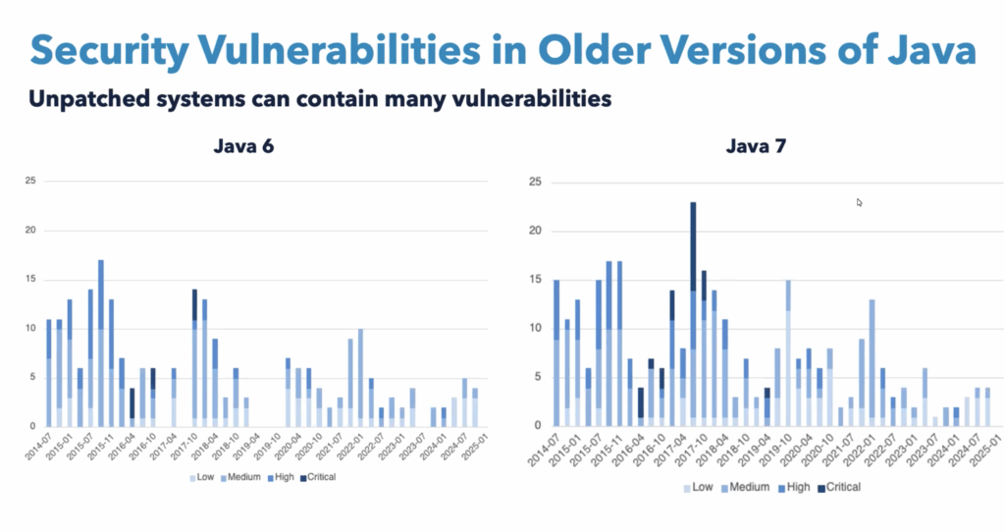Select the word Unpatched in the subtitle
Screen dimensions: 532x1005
[x=83, y=99]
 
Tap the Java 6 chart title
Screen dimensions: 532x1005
[x=243, y=147]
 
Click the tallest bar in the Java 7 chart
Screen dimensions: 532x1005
[x=693, y=313]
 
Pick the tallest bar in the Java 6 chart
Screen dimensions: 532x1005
[x=101, y=343]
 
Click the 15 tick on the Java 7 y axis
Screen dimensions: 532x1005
[x=534, y=280]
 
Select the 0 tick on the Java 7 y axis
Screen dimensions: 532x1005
[x=538, y=426]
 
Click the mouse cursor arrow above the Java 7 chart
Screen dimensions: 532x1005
[x=859, y=202]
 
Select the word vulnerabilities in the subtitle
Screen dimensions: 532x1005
[x=535, y=99]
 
